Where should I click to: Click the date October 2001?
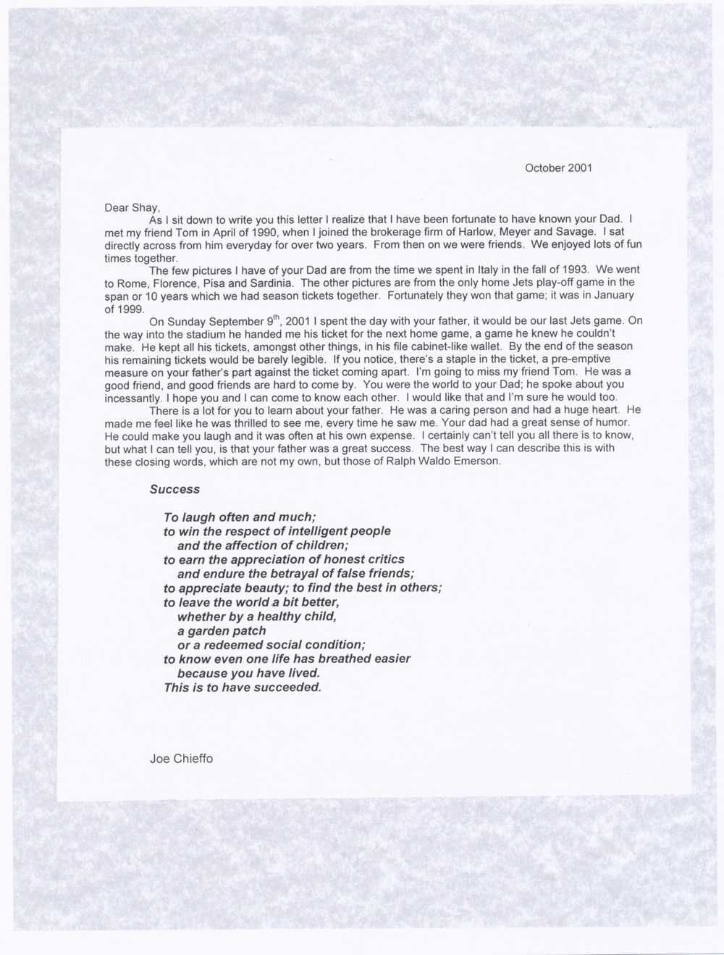click(558, 167)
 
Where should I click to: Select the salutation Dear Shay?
click(127, 207)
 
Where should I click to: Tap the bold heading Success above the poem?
click(174, 489)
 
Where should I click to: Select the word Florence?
click(180, 283)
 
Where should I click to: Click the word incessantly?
click(134, 398)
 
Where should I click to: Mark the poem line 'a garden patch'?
click(222, 630)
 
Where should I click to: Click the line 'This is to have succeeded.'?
click(243, 687)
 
